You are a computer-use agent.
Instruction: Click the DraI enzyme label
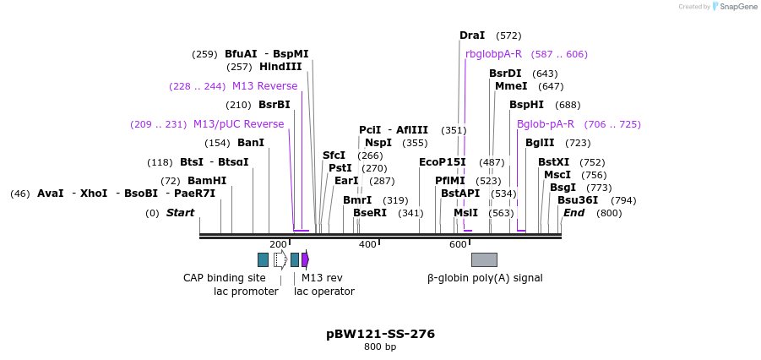[472, 35]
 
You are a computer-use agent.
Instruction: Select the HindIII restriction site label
[280, 67]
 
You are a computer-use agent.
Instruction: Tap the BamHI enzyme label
[207, 181]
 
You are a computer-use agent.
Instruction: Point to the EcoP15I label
[443, 162]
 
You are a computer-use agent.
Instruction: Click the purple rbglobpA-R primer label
[494, 54]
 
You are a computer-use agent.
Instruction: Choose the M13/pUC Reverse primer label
[239, 124]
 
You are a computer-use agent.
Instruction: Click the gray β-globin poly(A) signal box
[484, 259]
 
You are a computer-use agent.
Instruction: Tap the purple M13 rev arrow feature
[305, 259]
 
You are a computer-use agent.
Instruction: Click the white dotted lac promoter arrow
[280, 259]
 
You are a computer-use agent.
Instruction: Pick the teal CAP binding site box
[263, 259]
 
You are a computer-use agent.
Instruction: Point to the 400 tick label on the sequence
[367, 244]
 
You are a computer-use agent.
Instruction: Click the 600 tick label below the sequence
[458, 244]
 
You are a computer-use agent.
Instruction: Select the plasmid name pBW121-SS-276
[380, 334]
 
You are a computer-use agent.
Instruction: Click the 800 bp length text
[380, 347]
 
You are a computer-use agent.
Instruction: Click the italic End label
[573, 213]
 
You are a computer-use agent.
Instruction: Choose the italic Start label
[180, 213]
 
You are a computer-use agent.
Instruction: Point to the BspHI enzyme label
[526, 105]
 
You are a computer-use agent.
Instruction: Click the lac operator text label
[324, 292]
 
